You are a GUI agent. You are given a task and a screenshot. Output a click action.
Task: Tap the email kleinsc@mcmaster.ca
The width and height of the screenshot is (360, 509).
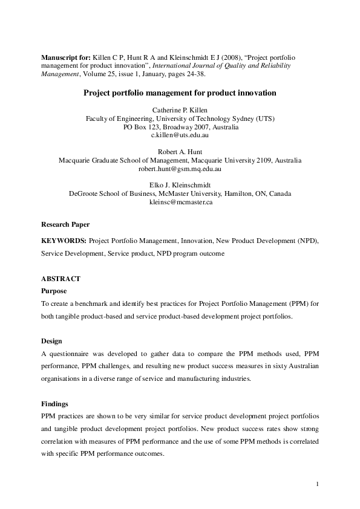pyautogui.click(x=180, y=203)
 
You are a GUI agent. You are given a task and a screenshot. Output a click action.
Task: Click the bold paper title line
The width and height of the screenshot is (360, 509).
pyautogui.click(x=180, y=93)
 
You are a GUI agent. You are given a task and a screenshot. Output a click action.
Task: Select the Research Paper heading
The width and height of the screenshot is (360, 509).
pyautogui.click(x=65, y=224)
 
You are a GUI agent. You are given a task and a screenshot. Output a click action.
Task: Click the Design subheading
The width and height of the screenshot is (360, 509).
pyautogui.click(x=53, y=341)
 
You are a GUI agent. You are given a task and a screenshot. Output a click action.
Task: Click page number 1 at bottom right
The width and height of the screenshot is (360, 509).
pyautogui.click(x=317, y=484)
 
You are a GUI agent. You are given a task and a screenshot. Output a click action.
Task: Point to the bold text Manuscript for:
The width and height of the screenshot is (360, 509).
pyautogui.click(x=67, y=56)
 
